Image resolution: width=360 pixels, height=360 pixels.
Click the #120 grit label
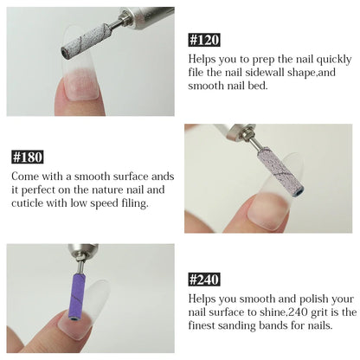pos(204,40)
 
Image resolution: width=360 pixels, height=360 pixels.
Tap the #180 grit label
pos(28,157)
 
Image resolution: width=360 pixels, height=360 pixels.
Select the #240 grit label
pos(204,280)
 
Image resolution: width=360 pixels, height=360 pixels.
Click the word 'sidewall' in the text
pos(265,72)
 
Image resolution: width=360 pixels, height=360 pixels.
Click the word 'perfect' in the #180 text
pos(38,190)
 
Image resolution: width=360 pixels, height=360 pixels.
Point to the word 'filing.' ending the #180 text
pos(135,203)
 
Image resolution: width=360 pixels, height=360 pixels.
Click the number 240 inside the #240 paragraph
pos(297,312)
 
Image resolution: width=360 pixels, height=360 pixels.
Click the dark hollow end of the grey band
pos(64,53)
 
